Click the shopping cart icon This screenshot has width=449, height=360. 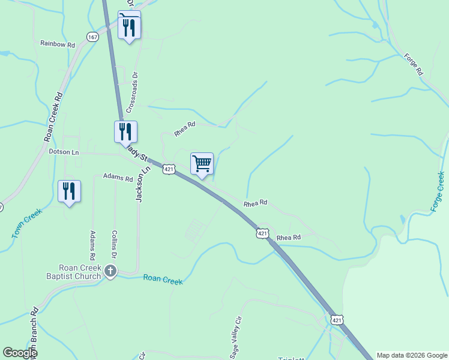click(x=202, y=163)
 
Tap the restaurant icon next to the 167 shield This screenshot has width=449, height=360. click(x=129, y=26)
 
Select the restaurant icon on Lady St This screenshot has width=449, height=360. click(x=125, y=131)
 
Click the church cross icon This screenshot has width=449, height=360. click(x=110, y=271)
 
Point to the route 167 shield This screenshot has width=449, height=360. click(x=92, y=37)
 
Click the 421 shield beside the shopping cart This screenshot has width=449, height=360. click(x=169, y=170)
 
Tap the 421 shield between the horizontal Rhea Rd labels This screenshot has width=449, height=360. click(x=262, y=233)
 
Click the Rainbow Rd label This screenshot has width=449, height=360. click(x=58, y=44)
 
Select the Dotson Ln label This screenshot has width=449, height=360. click(x=64, y=152)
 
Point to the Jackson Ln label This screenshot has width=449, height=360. click(x=139, y=186)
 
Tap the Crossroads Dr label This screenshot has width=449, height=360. click(x=135, y=88)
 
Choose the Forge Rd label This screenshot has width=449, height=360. click(x=414, y=64)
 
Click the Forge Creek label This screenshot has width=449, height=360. click(x=438, y=191)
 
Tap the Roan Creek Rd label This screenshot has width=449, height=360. click(x=53, y=117)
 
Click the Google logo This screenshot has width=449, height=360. click(x=20, y=353)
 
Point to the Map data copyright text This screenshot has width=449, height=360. click(x=411, y=355)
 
